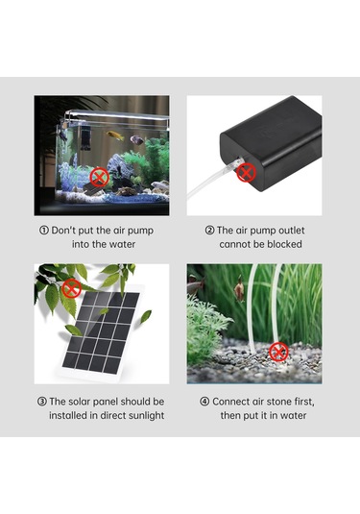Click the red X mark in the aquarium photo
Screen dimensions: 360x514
click(99, 178)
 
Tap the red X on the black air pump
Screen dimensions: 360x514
click(247, 172)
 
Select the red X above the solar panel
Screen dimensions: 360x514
click(72, 288)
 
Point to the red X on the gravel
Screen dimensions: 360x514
click(278, 352)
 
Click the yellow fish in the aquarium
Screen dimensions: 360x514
click(115, 135)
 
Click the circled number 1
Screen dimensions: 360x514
click(44, 231)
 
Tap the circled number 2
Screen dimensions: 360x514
click(209, 231)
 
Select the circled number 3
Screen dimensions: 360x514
click(42, 402)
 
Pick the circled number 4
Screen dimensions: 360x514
click(204, 402)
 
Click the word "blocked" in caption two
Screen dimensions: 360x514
click(284, 244)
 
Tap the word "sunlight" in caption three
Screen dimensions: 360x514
click(147, 416)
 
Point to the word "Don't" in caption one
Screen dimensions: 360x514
click(63, 231)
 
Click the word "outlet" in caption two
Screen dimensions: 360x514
click(291, 231)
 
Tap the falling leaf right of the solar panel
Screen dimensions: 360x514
click(146, 316)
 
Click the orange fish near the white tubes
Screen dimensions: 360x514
click(239, 290)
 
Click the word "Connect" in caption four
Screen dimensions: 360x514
click(231, 402)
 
